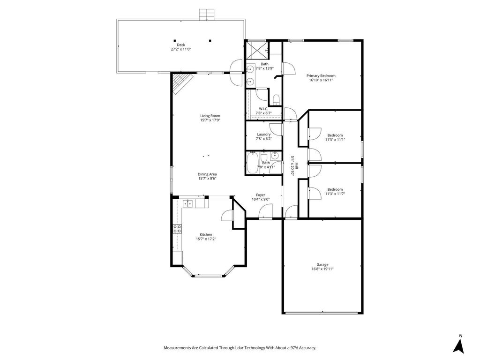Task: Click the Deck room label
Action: coord(181,45)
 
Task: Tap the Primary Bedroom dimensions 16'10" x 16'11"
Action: coord(321,80)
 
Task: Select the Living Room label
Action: coord(210,116)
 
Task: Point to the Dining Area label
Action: coord(207,174)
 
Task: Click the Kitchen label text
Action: coord(206,234)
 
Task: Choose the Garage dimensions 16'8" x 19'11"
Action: coord(322,269)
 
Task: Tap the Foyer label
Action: coord(261,195)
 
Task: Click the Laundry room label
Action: coord(264,135)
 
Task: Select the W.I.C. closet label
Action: coord(263,109)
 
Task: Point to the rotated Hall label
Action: coord(296,166)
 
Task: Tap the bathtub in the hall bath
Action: coord(253,163)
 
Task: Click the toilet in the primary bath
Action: coord(276,100)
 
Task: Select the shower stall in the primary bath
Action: coord(257,50)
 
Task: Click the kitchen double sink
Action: coord(187,203)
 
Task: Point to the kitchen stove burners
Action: coord(177,229)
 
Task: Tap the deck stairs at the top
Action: coord(206,15)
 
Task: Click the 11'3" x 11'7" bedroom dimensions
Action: coord(335,194)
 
